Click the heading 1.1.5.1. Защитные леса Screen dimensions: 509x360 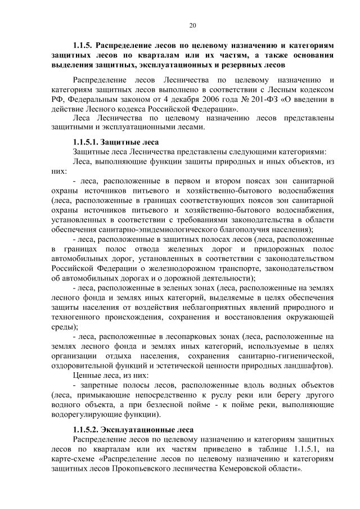point(115,142)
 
